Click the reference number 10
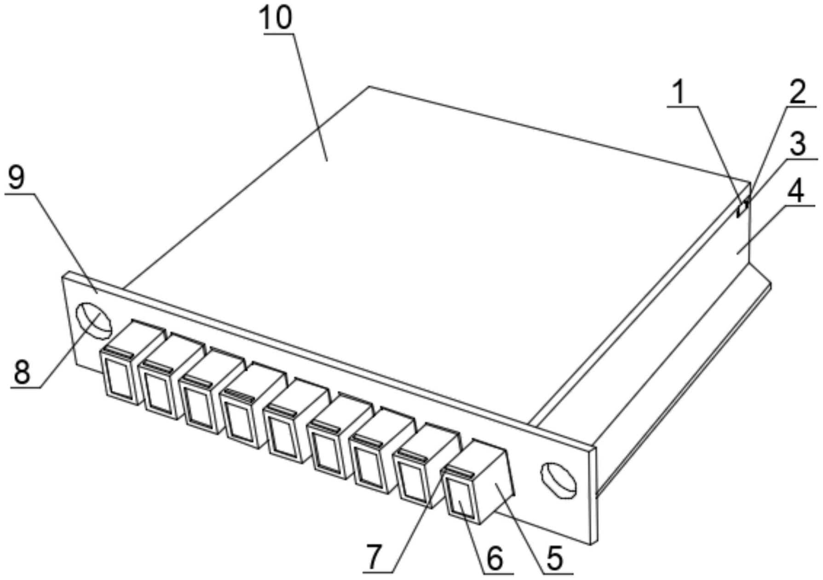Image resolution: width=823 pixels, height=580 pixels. (x=277, y=17)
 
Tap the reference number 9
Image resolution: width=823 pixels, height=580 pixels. (x=17, y=178)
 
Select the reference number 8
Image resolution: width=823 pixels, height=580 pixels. (x=22, y=372)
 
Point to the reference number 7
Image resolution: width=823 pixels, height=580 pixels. (x=373, y=557)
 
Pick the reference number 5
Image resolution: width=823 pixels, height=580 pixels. (x=555, y=558)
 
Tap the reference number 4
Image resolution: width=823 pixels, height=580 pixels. (x=795, y=191)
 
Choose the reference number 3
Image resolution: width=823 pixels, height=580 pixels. (x=798, y=144)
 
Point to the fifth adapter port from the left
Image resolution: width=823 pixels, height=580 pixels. (x=285, y=432)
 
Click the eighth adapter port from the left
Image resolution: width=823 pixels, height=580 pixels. (x=414, y=474)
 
